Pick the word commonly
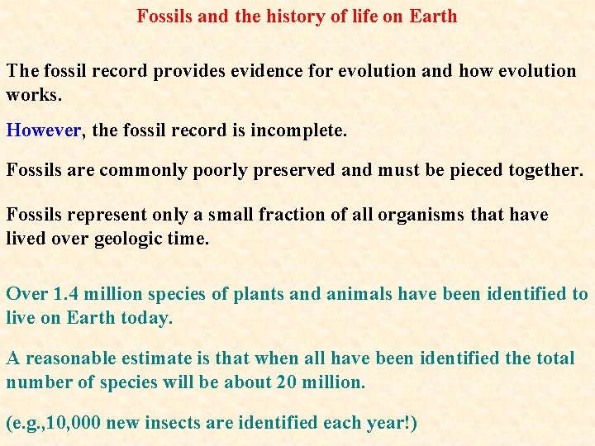coord(133,171)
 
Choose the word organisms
coord(421,215)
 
